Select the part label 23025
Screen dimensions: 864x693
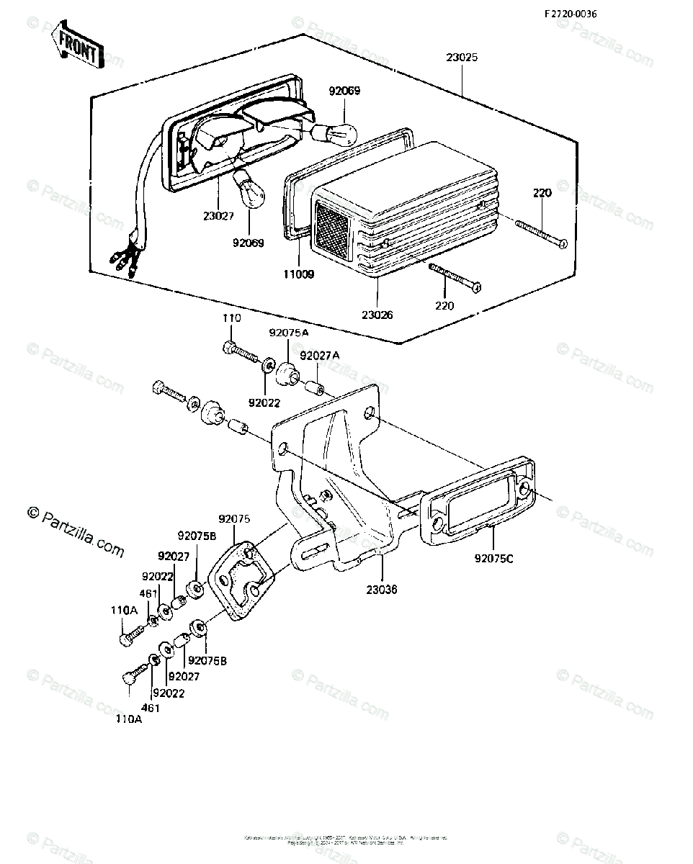click(x=462, y=58)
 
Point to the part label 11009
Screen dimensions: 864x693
click(x=299, y=274)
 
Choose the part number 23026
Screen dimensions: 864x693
click(x=378, y=314)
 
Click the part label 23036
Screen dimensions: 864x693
click(x=381, y=590)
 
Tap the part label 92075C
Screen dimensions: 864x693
click(x=493, y=557)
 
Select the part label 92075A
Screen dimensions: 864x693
click(x=288, y=333)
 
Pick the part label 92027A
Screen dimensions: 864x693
click(x=318, y=356)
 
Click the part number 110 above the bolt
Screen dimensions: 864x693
click(x=231, y=318)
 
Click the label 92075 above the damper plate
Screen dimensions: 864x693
click(x=234, y=518)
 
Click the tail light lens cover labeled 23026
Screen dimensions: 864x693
click(x=403, y=209)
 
